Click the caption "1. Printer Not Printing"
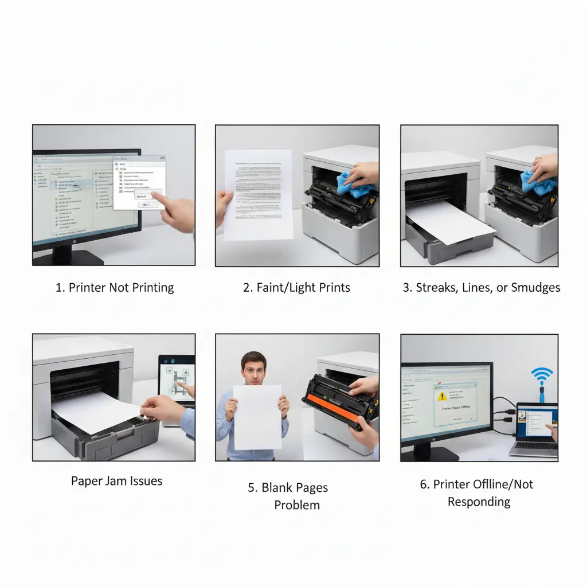click(114, 287)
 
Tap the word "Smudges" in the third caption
click(535, 287)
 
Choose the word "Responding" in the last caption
click(479, 502)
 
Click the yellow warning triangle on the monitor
click(442, 396)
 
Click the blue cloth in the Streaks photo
click(537, 182)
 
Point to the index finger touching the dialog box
click(157, 198)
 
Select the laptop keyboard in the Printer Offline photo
click(533, 445)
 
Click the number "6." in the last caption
click(425, 484)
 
